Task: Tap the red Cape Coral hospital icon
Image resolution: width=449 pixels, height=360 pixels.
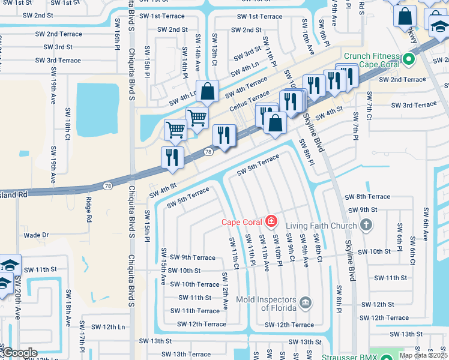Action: point(271,222)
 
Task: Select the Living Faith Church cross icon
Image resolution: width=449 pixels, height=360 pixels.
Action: point(366,226)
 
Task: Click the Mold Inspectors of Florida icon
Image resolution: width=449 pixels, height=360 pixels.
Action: point(306,302)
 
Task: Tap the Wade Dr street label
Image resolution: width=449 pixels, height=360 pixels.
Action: point(35,235)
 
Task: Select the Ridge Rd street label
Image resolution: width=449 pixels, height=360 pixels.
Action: point(88,210)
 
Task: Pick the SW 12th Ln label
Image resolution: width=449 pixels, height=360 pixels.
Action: point(108,326)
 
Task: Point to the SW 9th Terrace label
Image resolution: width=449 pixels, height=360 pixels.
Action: point(192,257)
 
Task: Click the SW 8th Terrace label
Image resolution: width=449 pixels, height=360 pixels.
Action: point(367,196)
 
